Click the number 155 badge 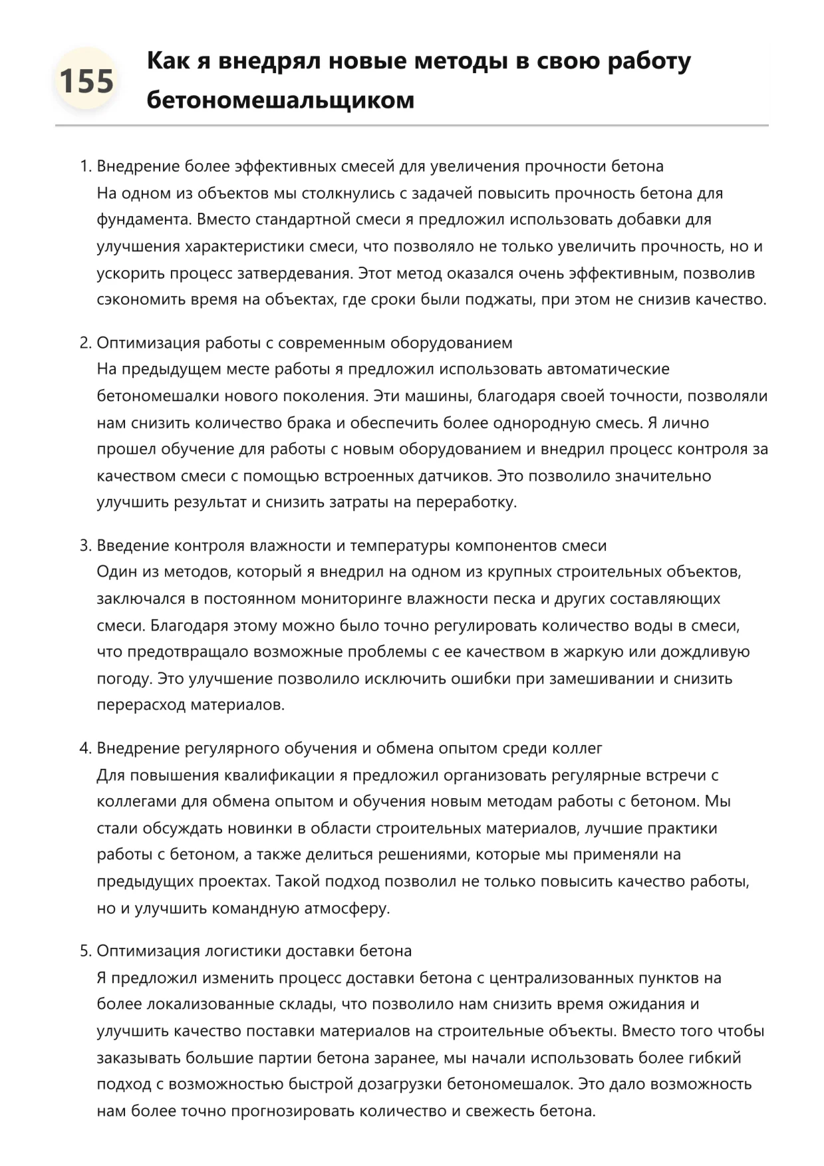86,81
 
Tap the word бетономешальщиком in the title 280,100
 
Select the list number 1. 84,166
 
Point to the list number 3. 84,545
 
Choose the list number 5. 84,950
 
